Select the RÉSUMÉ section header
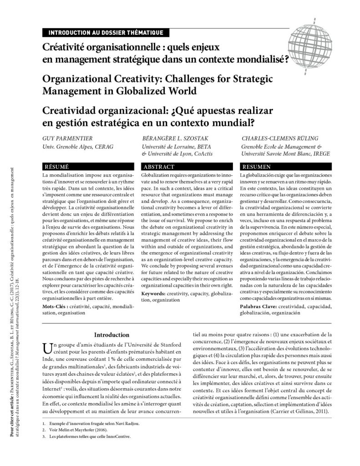tap(55, 167)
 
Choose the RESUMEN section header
tap(258, 167)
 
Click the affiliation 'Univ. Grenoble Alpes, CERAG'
tap(77, 147)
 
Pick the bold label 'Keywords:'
tap(155, 294)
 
